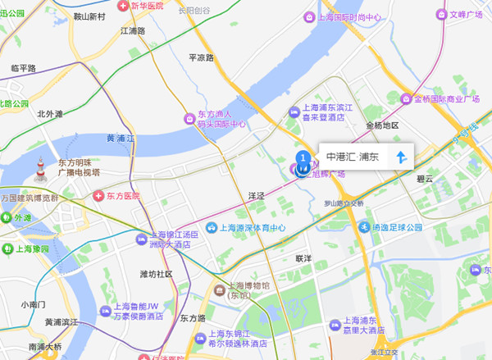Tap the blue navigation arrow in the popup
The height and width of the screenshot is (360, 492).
pyautogui.click(x=401, y=157)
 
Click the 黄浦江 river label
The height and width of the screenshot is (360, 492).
pyautogui.click(x=122, y=138)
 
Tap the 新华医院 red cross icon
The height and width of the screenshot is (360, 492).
pyautogui.click(x=124, y=6)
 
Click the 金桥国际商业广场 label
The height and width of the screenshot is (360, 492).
pyautogui.click(x=446, y=100)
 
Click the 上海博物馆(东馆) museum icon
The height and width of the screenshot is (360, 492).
pyautogui.click(x=218, y=289)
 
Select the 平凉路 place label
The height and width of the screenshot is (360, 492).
pyautogui.click(x=201, y=58)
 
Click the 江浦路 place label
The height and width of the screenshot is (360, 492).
pyautogui.click(x=132, y=30)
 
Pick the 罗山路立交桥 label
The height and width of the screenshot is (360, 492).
pyautogui.click(x=343, y=203)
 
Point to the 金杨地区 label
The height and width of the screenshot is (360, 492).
pyautogui.click(x=381, y=125)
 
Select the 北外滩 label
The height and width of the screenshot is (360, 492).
pyautogui.click(x=50, y=114)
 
